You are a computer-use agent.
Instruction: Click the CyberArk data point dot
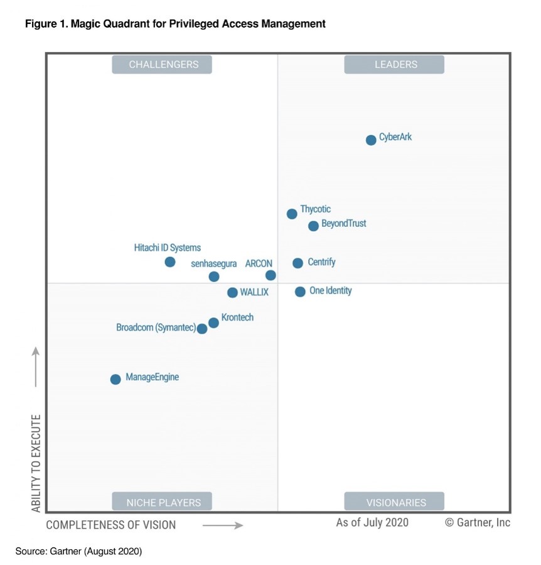371,140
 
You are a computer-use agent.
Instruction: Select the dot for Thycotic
292,214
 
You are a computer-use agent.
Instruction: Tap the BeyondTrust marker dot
314,226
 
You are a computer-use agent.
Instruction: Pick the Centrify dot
297,263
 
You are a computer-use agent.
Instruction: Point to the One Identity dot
300,292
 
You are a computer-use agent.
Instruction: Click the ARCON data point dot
270,275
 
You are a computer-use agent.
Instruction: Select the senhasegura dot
214,277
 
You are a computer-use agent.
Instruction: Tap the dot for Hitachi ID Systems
170,262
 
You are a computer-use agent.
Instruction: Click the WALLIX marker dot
232,293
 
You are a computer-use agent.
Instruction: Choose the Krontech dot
213,322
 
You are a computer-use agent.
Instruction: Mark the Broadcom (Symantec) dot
202,329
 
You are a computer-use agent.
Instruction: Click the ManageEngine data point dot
115,380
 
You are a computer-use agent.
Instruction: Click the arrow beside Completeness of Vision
223,525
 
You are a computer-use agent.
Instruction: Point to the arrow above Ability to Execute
36,367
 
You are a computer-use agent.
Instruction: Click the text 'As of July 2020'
372,522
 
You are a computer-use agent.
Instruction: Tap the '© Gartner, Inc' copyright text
478,522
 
